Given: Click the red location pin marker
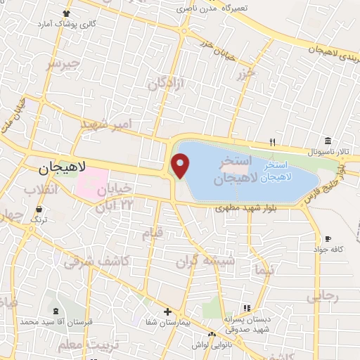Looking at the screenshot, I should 181,166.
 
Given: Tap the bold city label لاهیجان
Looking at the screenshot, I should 63,167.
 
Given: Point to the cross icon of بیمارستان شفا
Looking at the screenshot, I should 167,311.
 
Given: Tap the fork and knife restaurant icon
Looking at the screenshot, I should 273,143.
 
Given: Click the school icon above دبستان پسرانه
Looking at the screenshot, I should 246,308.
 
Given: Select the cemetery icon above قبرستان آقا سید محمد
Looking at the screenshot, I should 56,310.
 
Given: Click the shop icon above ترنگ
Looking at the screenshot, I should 39,210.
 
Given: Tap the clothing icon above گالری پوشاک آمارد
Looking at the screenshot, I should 67,13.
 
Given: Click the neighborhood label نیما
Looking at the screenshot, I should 269,269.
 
